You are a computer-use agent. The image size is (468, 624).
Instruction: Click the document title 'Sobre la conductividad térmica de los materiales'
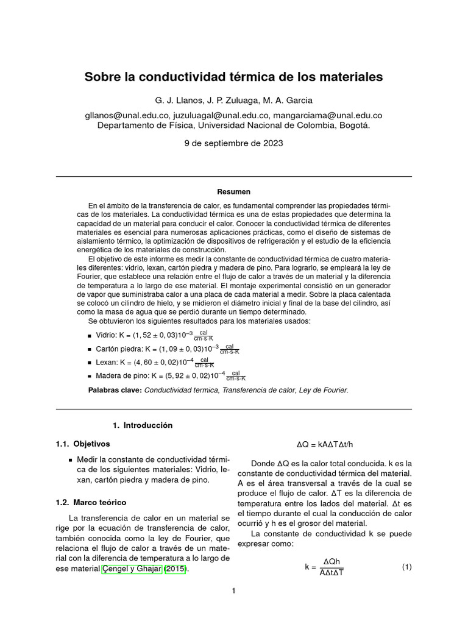[x=233, y=77]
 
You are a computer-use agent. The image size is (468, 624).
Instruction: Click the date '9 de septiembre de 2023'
[x=233, y=144]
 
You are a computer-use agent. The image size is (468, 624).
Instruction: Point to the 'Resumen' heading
[x=233, y=191]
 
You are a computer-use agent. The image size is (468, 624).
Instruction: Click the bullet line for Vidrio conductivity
[x=151, y=335]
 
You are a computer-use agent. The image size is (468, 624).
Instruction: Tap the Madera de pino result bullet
[x=168, y=376]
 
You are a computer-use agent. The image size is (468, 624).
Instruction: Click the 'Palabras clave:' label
[x=115, y=390]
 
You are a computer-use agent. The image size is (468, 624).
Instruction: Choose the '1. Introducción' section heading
[x=143, y=425]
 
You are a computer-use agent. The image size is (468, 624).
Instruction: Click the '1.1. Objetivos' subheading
[x=83, y=444]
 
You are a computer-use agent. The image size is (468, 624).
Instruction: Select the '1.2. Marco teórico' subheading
[x=91, y=503]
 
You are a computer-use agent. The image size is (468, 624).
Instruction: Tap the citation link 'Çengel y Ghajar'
[x=132, y=569]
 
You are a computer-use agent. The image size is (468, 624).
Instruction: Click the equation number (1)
[x=406, y=567]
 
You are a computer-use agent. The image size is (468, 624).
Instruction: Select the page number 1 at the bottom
[x=233, y=590]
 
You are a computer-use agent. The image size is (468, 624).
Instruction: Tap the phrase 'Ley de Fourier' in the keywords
[x=322, y=390]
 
